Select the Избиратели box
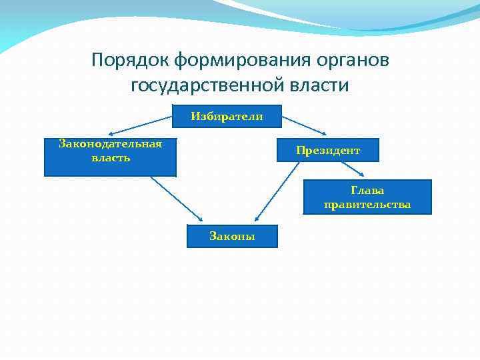[227, 116]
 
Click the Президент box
[328, 150]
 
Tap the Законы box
[232, 236]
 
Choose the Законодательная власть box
[110, 157]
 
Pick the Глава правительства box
[367, 197]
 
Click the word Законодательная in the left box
[110, 145]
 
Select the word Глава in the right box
[367, 191]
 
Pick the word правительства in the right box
[367, 205]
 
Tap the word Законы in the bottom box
[232, 236]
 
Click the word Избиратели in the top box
[227, 116]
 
